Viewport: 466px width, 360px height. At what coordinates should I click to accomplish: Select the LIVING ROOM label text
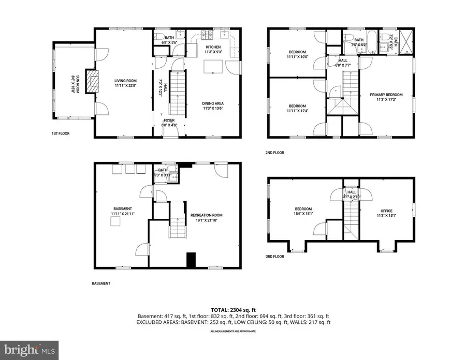[125, 80]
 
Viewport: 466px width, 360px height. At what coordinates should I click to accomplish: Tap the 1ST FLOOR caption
[61, 133]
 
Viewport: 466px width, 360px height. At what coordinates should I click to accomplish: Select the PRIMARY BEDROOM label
[386, 95]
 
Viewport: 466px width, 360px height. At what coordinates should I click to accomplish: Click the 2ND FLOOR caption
[274, 153]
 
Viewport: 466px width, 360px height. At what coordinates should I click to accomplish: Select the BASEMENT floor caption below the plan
[101, 283]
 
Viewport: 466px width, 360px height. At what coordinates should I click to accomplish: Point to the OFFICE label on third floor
[386, 211]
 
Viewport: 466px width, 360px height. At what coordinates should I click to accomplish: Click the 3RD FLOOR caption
[274, 256]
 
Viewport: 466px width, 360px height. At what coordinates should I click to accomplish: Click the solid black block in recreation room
[191, 260]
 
